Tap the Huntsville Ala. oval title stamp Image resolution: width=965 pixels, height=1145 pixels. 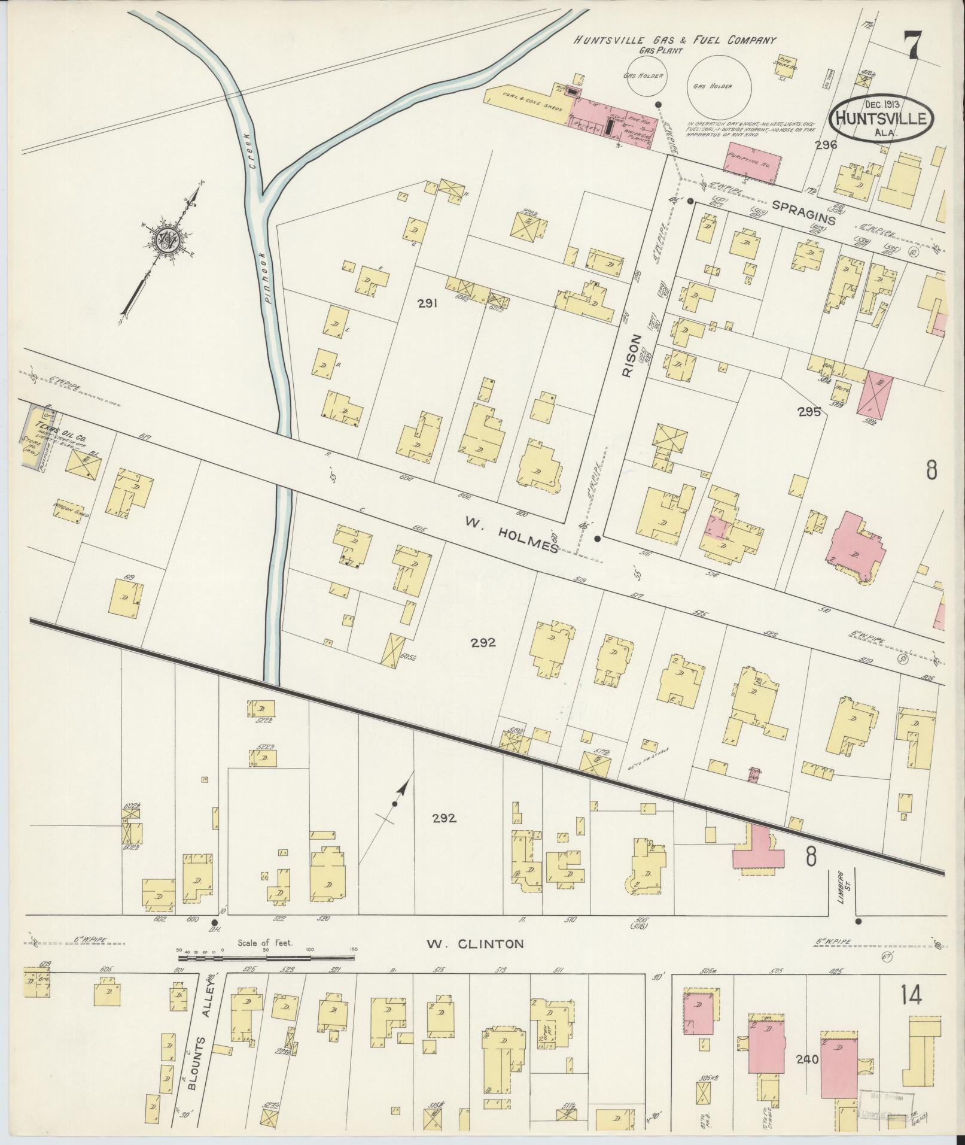tap(882, 117)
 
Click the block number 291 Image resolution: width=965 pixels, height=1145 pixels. tap(428, 303)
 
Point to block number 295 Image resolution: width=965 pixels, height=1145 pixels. tap(808, 412)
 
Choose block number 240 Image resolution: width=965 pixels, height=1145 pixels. tap(807, 1076)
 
